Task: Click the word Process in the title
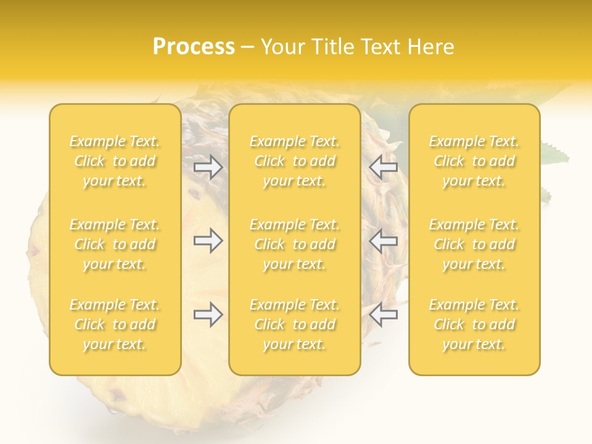(x=194, y=47)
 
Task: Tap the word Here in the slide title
(x=431, y=47)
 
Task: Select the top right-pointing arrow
(x=208, y=167)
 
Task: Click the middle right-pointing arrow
(x=208, y=240)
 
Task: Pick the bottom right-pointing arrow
(x=208, y=314)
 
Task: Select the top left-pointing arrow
(x=383, y=167)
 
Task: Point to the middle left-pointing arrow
(x=383, y=240)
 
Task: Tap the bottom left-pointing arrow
(x=383, y=314)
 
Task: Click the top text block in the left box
(x=115, y=161)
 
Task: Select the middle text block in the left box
(x=115, y=244)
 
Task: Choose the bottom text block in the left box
(x=115, y=324)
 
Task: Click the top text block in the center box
(x=294, y=161)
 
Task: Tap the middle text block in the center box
(x=294, y=244)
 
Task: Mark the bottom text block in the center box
(x=294, y=324)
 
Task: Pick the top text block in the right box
(x=474, y=161)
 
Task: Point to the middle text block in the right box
(x=474, y=244)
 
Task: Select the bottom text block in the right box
(x=474, y=324)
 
